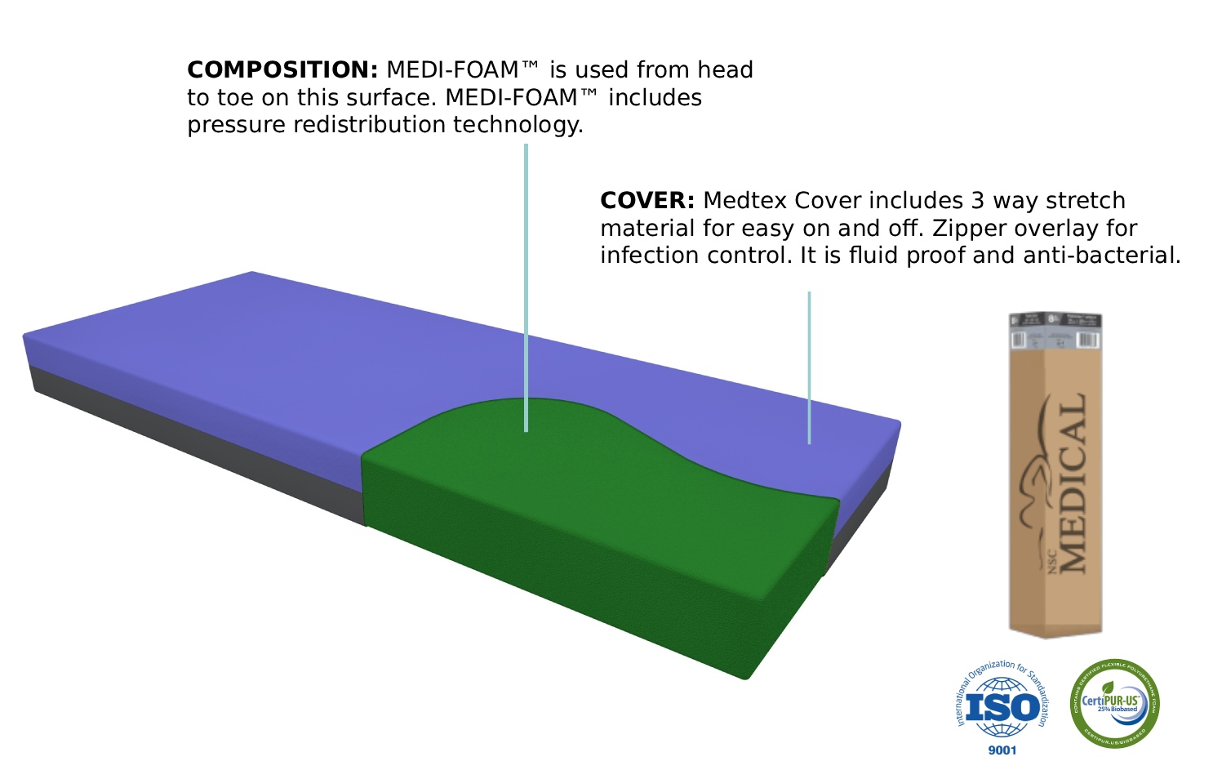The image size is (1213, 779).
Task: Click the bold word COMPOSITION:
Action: [282, 70]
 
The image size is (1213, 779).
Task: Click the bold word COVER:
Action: [647, 201]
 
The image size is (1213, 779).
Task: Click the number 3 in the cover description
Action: [977, 201]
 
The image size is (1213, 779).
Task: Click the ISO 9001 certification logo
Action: [1002, 706]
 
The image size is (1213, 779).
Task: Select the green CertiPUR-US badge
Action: [1115, 703]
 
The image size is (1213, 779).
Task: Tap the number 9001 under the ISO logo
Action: [1002, 750]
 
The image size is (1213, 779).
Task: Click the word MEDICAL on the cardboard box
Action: [1072, 482]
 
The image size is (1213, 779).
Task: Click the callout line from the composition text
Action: [526, 286]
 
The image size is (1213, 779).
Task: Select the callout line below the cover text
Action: [809, 367]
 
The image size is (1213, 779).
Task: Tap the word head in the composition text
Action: [725, 70]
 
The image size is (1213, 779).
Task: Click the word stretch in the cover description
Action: [1086, 201]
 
